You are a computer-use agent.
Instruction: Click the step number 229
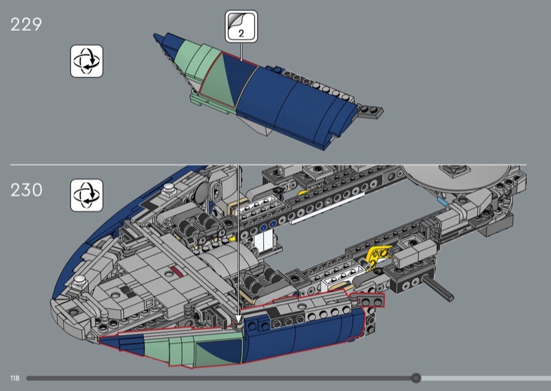26,25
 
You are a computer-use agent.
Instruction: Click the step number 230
26,190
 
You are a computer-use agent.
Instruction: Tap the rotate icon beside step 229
87,61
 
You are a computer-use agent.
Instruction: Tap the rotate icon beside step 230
87,195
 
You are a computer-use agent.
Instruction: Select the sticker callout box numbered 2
242,26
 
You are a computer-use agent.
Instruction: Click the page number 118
14,379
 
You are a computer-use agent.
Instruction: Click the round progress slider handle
416,378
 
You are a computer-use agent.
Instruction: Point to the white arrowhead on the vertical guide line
239,319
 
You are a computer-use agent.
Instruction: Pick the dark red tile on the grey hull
176,271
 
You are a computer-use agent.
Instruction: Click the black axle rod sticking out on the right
437,287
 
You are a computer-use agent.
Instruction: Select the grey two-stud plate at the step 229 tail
371,111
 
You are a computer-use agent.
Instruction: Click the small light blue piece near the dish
442,201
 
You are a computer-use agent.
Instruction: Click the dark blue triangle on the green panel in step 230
219,350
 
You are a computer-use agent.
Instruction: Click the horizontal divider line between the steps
269,165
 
